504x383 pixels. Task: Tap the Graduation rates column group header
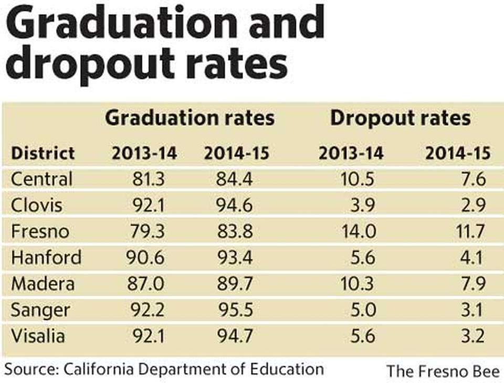[190, 118]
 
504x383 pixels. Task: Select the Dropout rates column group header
[400, 118]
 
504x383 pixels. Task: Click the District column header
[43, 153]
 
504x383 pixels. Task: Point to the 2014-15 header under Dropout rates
[457, 153]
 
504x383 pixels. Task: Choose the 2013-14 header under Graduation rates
[144, 153]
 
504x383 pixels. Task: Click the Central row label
[41, 179]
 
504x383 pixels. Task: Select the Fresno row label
[40, 231]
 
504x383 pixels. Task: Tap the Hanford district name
[46, 258]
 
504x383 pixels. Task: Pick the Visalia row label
[38, 335]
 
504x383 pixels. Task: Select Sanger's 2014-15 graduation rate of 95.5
[235, 310]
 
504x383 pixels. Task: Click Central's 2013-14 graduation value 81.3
[149, 179]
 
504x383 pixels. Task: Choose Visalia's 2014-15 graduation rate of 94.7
[235, 335]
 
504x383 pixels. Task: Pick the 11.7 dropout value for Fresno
[471, 231]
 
